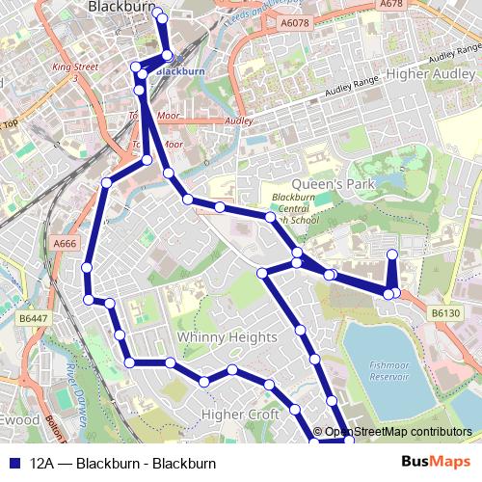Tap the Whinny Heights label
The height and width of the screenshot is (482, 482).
coord(227,337)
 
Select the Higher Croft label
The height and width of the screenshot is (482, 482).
coord(240,415)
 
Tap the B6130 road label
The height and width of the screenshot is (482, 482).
coord(446,313)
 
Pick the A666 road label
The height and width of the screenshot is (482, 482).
coord(65,245)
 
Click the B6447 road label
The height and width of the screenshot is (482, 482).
coord(33,317)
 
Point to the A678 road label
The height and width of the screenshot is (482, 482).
coord(390,5)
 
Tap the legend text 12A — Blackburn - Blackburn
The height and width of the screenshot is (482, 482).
coord(122,464)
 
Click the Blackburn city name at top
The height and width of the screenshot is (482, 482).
coord(121,7)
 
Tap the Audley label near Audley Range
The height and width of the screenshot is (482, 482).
coord(238,121)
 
